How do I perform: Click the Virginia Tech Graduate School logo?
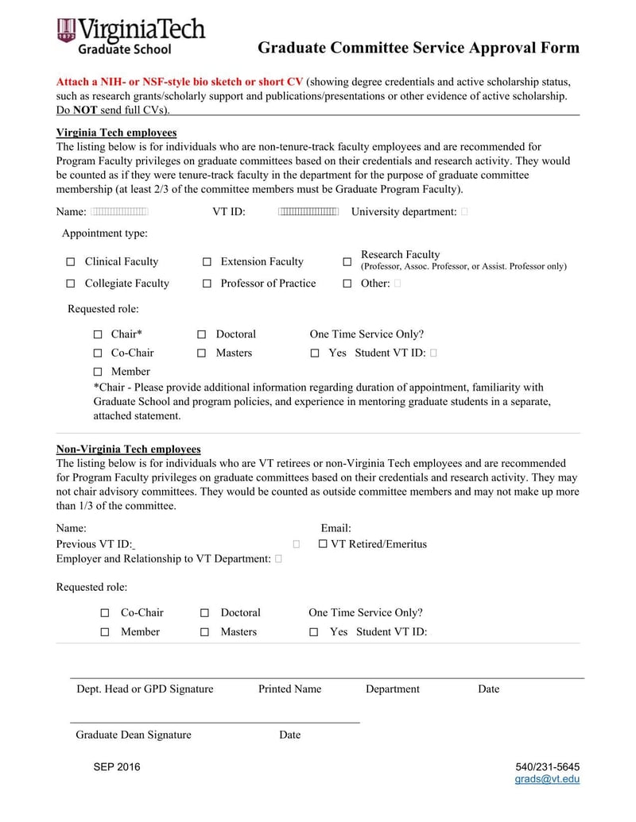131,36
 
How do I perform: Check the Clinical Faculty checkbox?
71,262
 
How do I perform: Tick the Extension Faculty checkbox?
207,262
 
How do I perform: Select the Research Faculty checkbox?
347,262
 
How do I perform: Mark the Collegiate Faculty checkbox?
71,284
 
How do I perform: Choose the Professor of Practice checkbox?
207,284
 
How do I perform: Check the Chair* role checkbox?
98,335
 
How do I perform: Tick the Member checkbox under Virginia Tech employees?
98,372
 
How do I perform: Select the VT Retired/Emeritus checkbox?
323,544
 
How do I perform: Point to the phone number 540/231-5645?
547,766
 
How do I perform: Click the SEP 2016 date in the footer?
116,766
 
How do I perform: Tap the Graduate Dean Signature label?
134,735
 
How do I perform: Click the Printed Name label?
289,689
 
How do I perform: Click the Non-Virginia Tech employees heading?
128,449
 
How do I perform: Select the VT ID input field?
308,212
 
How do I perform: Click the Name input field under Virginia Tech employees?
120,212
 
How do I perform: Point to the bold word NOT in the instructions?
85,110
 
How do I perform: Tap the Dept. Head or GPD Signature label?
145,689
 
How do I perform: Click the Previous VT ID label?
94,544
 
